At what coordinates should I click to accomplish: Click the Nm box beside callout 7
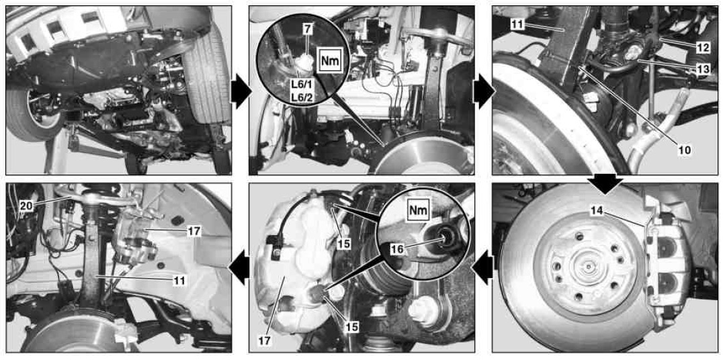tap(329, 60)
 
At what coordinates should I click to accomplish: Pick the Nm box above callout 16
tap(418, 211)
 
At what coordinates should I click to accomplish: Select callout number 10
tap(683, 149)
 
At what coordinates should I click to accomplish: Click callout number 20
tap(26, 206)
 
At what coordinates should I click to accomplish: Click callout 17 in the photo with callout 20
tap(194, 231)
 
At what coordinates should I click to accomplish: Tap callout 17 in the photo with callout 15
tap(265, 341)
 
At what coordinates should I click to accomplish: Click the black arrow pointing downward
tap(607, 184)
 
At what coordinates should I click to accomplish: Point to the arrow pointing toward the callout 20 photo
tap(240, 269)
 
